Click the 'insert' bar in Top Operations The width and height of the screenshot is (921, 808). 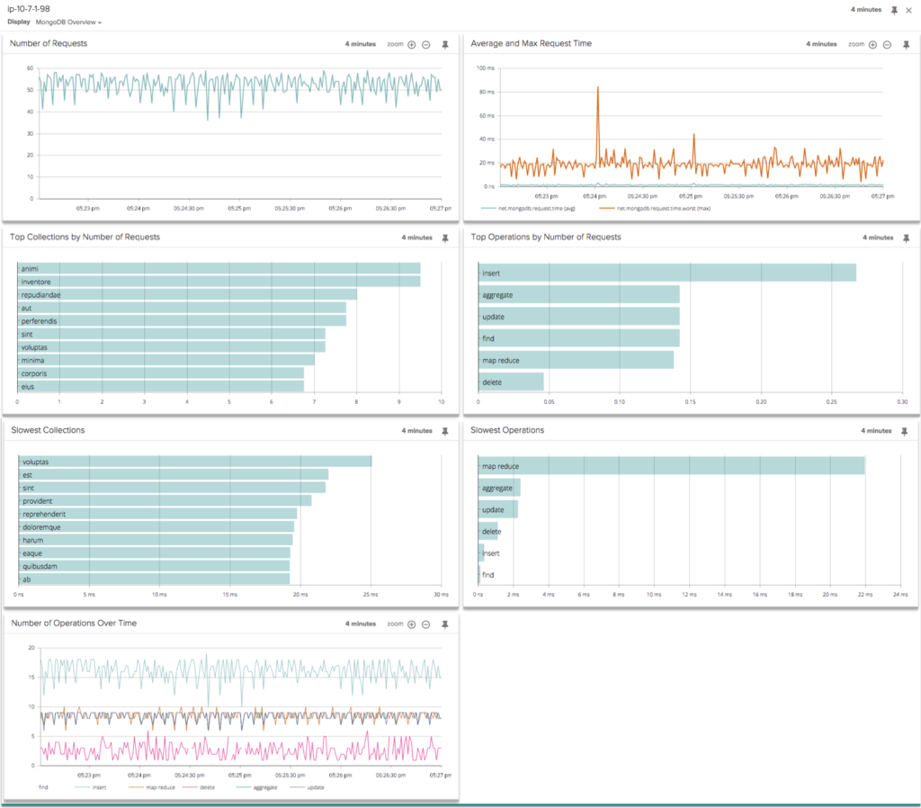(x=666, y=273)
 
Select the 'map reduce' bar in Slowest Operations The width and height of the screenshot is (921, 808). (x=671, y=465)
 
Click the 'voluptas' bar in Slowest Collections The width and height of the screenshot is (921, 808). (x=194, y=462)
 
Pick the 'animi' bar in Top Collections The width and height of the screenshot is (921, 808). (x=219, y=267)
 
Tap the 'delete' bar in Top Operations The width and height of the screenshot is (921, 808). (x=511, y=382)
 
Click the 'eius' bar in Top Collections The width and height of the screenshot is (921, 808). (x=160, y=386)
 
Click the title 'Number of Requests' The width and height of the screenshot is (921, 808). (x=49, y=43)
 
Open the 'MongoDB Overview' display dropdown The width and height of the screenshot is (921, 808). (x=68, y=22)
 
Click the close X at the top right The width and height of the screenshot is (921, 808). (x=908, y=10)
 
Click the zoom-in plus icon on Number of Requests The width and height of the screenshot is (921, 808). (x=411, y=44)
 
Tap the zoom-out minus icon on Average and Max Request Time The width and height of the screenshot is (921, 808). (x=887, y=44)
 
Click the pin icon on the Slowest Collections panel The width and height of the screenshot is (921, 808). (x=444, y=431)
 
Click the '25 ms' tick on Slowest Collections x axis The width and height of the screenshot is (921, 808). (x=371, y=595)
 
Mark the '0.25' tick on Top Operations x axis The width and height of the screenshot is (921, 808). (x=832, y=402)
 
